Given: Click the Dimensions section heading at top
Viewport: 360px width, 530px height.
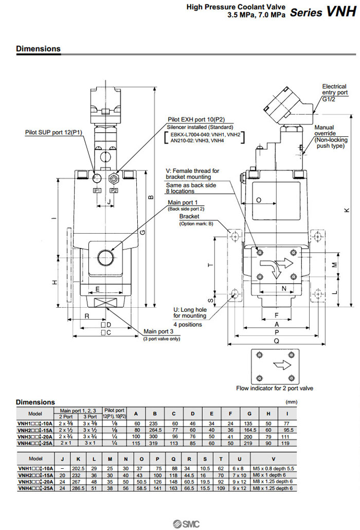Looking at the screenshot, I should pyautogui.click(x=38, y=49).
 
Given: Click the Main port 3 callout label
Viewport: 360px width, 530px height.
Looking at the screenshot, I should pyautogui.click(x=161, y=331).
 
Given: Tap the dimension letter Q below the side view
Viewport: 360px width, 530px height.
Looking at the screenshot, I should pyautogui.click(x=277, y=340).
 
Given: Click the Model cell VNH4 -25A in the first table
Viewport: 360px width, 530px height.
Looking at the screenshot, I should pyautogui.click(x=34, y=442).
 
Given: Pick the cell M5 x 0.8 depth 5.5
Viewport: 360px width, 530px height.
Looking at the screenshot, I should pyautogui.click(x=273, y=468).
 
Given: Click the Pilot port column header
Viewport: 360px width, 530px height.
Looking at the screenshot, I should pyautogui.click(x=114, y=410).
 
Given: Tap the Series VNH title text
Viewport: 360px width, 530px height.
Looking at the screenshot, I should pyautogui.click(x=322, y=13).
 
